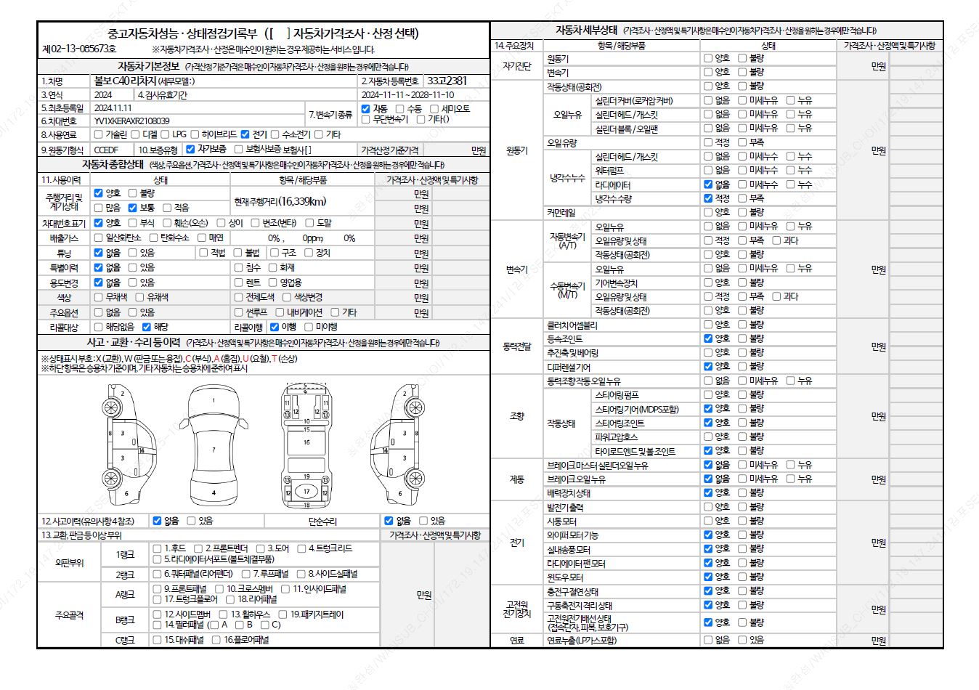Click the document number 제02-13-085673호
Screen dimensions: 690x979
click(x=79, y=49)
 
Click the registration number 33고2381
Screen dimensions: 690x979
click(x=447, y=81)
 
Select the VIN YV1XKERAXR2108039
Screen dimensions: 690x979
click(x=131, y=121)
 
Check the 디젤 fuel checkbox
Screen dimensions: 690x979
click(x=136, y=134)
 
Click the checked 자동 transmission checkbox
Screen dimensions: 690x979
click(x=366, y=109)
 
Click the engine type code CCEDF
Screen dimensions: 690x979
click(x=106, y=150)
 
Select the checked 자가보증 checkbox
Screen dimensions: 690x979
click(x=190, y=150)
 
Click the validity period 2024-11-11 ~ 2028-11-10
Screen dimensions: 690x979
click(x=407, y=95)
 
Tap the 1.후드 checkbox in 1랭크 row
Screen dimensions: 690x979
click(x=157, y=548)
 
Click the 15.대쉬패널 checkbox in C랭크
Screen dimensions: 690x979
click(x=157, y=640)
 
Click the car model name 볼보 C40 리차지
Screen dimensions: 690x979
click(x=125, y=81)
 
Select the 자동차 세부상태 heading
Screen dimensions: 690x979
click(x=586, y=31)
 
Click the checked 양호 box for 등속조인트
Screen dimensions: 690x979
click(x=708, y=338)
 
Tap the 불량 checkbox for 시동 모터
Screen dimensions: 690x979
click(x=742, y=521)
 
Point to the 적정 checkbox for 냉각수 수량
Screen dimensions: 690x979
click(x=708, y=198)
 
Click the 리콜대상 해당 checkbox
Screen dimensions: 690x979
click(x=147, y=328)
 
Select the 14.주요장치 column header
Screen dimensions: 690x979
click(x=514, y=46)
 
